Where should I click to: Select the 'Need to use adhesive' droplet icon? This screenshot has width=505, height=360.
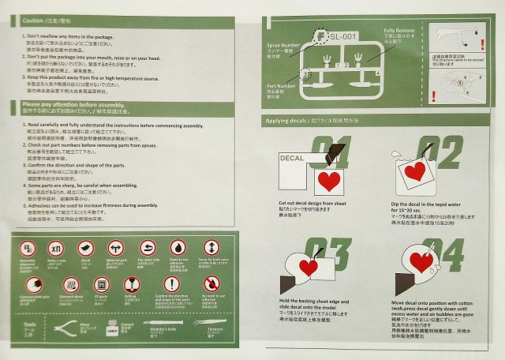tap(178, 246)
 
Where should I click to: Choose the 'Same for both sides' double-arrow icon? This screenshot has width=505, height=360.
tap(210, 246)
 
